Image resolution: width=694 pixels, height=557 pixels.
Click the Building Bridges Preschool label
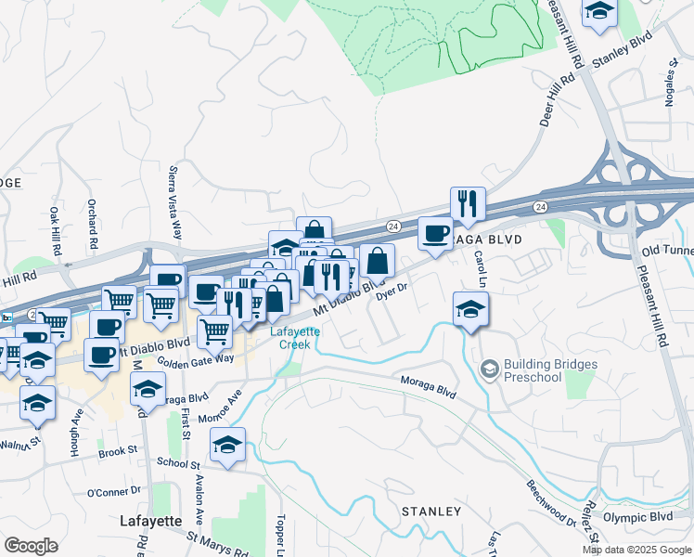click(533, 370)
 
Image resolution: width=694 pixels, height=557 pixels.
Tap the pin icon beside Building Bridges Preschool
click(489, 370)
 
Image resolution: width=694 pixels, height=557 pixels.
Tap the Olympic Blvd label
click(636, 516)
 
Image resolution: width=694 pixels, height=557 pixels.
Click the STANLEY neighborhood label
click(431, 512)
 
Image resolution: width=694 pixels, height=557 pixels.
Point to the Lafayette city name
click(151, 521)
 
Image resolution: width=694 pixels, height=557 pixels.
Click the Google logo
click(31, 545)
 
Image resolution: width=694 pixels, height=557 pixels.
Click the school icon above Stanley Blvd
click(600, 14)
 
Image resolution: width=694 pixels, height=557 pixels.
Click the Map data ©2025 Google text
click(636, 550)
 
